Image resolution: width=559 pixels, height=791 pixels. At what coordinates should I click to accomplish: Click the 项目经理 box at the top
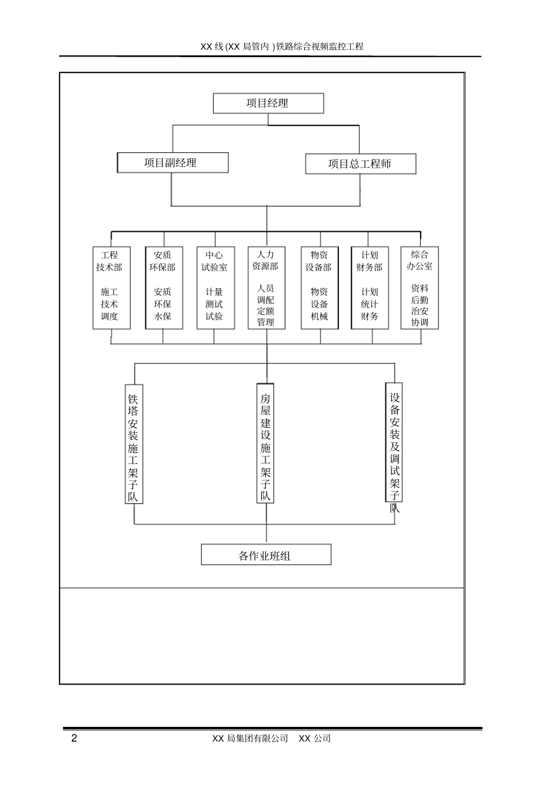tap(268, 104)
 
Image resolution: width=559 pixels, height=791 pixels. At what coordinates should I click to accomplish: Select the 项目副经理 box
tap(172, 163)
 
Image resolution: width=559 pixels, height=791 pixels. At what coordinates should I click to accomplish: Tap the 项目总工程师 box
tap(360, 164)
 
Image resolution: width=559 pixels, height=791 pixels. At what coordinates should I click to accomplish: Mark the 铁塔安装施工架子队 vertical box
tap(134, 445)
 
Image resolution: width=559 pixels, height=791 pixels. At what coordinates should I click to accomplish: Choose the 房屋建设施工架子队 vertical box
tap(266, 443)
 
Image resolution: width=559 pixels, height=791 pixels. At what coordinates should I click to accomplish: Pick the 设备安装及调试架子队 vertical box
tap(394, 443)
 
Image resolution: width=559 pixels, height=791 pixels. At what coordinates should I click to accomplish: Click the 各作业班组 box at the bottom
tap(266, 555)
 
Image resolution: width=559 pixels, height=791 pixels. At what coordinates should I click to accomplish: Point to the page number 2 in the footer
tap(74, 739)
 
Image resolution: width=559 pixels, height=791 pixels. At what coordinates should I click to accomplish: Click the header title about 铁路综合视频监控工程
tap(282, 46)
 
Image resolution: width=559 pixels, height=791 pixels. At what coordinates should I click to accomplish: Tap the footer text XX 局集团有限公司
tap(250, 739)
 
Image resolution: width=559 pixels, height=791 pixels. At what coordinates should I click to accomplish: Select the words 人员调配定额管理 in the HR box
tap(266, 305)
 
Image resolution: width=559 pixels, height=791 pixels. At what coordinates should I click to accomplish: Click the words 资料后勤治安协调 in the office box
tap(420, 305)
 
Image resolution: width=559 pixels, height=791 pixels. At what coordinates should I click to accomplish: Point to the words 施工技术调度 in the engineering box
tap(109, 304)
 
